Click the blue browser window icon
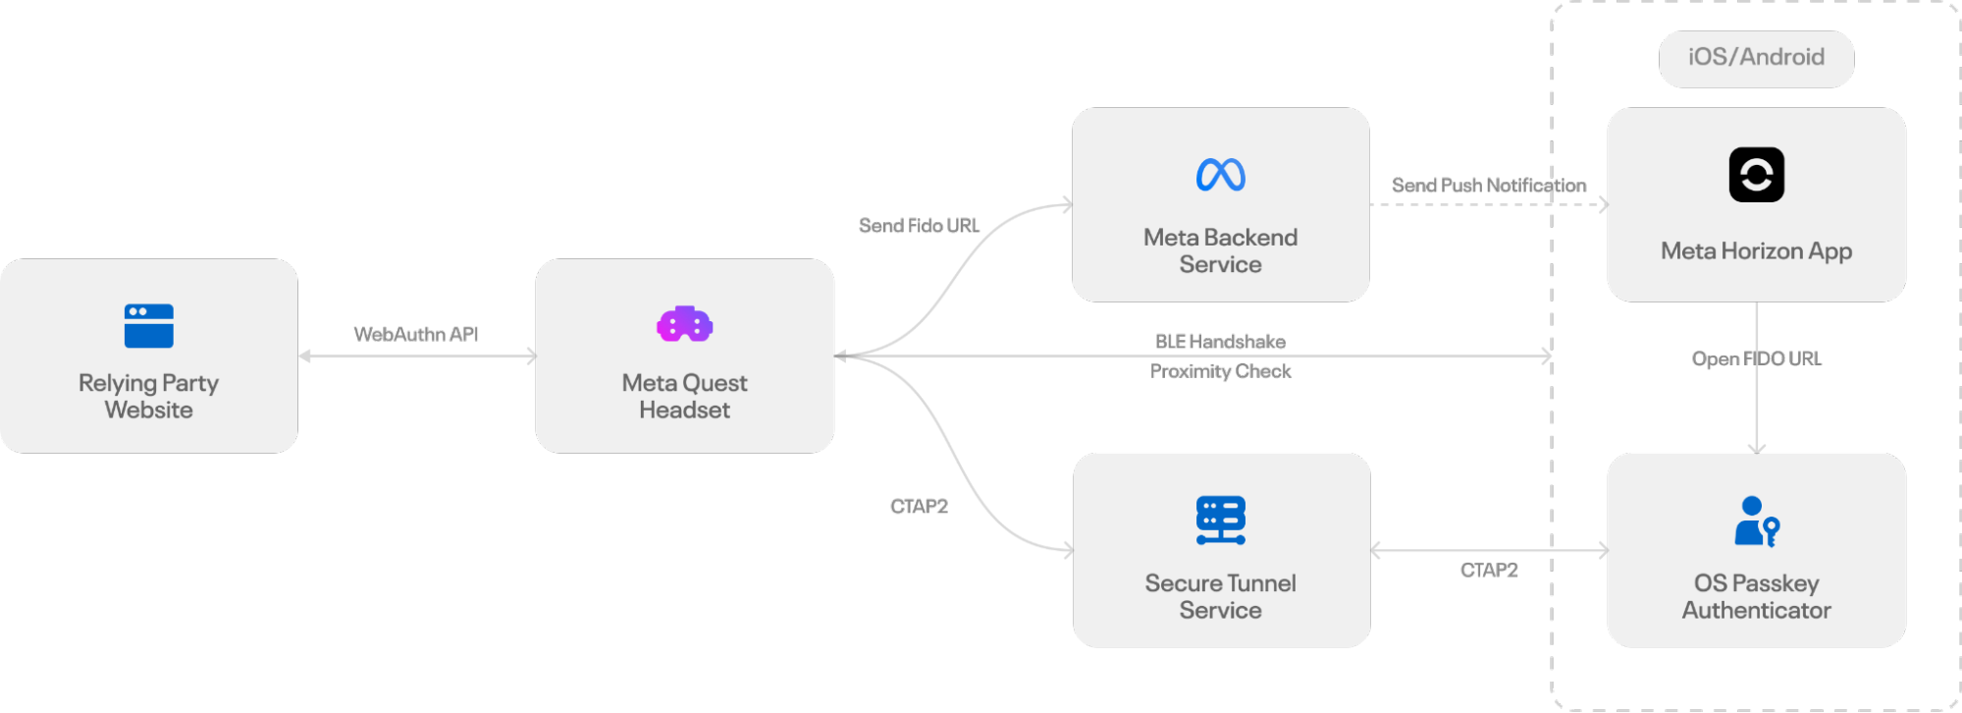click(149, 326)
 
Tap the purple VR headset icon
click(684, 324)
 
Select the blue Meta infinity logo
click(1220, 175)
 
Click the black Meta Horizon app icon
click(1756, 175)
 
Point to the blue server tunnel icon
click(1220, 520)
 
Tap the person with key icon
click(1756, 521)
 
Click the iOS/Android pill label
click(1756, 58)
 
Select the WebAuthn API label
click(416, 335)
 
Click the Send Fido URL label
click(919, 226)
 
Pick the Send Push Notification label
click(1488, 186)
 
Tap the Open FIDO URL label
click(1756, 358)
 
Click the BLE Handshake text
click(1220, 342)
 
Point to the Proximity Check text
click(1220, 371)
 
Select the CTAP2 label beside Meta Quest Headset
click(919, 507)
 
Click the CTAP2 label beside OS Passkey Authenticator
click(1488, 571)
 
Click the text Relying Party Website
click(149, 397)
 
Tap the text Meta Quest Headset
click(684, 397)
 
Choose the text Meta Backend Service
click(1220, 251)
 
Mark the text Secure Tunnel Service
click(1220, 597)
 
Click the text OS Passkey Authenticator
click(1756, 597)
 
